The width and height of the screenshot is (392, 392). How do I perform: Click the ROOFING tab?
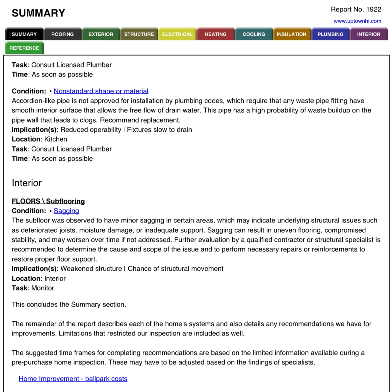tap(63, 34)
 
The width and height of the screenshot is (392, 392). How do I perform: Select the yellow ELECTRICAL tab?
tap(177, 34)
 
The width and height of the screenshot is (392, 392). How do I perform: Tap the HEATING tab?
tap(216, 34)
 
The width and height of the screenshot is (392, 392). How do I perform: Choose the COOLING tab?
tap(254, 34)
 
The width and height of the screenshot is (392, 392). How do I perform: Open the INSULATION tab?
tap(292, 34)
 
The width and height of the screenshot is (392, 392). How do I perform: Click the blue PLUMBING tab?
tap(330, 34)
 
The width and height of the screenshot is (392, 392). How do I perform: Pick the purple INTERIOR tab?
tap(369, 34)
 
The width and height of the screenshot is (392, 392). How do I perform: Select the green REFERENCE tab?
tap(24, 48)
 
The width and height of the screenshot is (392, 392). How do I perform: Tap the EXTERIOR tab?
tap(101, 34)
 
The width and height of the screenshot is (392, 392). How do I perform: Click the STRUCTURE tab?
tap(139, 34)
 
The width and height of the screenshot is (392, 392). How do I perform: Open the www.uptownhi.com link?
tap(357, 21)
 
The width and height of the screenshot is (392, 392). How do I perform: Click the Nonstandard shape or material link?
tap(101, 91)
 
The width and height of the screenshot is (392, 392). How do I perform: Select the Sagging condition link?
tap(66, 211)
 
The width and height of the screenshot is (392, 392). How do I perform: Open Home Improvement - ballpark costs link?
tap(73, 379)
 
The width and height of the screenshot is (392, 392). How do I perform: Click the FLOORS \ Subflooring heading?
tap(48, 201)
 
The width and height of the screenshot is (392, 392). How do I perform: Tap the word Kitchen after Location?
tap(56, 139)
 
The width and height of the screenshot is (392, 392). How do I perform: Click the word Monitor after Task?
tap(43, 288)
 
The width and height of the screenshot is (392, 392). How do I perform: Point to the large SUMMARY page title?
tap(39, 13)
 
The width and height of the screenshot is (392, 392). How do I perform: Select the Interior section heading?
tap(27, 183)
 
